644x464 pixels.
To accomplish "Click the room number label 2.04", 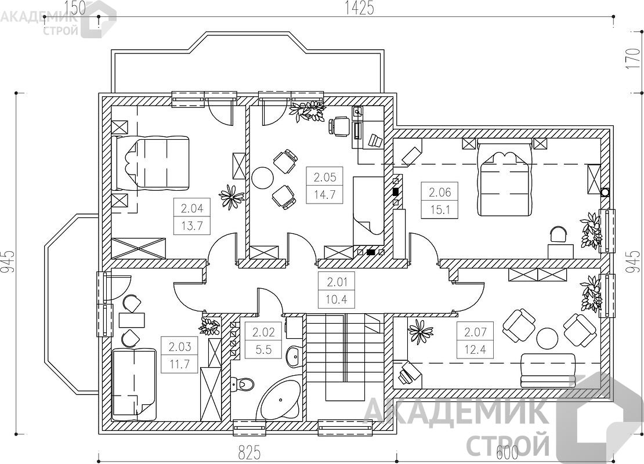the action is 192,208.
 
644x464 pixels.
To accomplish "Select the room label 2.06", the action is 440,192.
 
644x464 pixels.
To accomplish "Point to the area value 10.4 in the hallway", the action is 337,299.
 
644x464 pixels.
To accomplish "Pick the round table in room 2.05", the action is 263,178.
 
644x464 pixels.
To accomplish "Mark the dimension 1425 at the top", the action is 359,8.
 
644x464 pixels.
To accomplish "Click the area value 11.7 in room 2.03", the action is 180,364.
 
